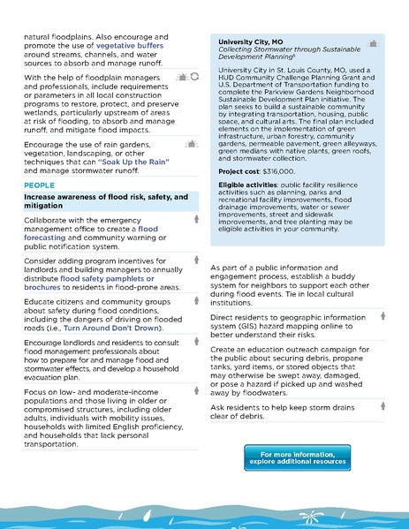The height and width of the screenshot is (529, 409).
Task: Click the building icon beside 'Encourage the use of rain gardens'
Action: coord(193,142)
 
